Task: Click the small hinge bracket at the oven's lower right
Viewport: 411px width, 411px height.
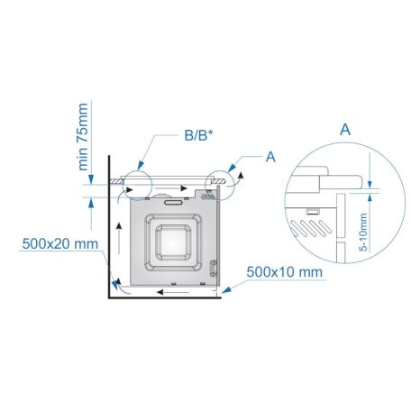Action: [x=213, y=266]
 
